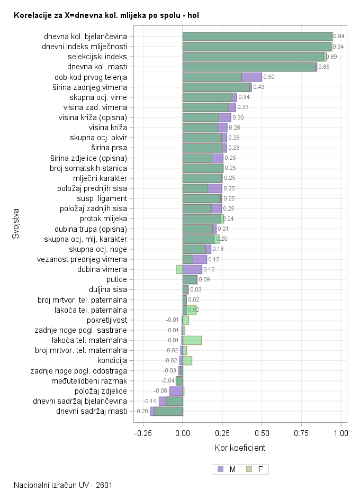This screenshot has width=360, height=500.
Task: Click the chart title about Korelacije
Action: [x=106, y=15]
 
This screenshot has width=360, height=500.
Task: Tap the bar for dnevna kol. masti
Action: [x=249, y=67]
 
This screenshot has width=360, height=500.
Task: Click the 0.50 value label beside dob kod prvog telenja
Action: [x=269, y=77]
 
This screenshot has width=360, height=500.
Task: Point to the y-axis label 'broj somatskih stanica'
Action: [x=92, y=168]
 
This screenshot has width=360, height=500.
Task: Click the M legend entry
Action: [x=227, y=469]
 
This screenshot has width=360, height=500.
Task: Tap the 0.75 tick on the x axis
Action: [x=301, y=433]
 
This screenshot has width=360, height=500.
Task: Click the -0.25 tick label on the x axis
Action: [x=143, y=433]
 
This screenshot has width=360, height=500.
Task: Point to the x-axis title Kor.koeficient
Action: [x=239, y=448]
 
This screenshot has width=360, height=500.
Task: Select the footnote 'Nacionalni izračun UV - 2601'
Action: [x=63, y=485]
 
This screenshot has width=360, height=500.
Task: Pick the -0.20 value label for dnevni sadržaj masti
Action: [x=141, y=411]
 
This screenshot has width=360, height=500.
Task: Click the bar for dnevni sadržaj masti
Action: [x=167, y=411]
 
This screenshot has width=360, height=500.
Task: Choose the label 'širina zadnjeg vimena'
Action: [x=89, y=87]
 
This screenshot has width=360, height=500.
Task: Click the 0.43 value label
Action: [x=259, y=87]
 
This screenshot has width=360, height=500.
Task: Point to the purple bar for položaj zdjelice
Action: [x=176, y=391]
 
